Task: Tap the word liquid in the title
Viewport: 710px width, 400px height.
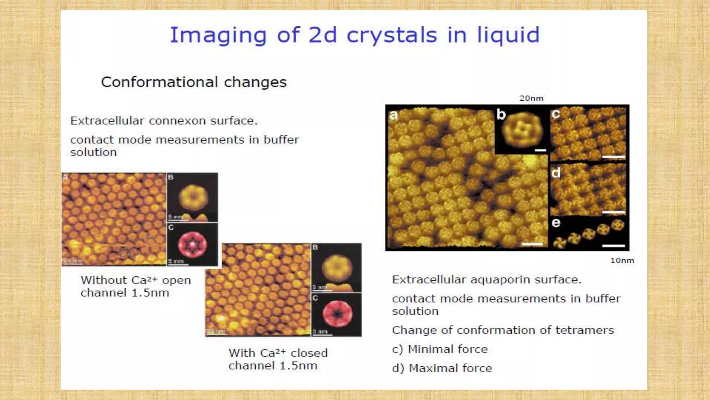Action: point(509,35)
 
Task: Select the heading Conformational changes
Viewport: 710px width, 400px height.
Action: point(194,82)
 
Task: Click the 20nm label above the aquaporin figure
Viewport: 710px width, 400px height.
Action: point(531,98)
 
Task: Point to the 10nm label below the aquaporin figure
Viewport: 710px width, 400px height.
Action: point(622,260)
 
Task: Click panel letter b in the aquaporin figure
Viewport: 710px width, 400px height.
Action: point(501,114)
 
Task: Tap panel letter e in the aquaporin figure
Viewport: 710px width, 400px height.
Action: point(556,223)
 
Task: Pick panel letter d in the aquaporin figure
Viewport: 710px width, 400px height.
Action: point(556,173)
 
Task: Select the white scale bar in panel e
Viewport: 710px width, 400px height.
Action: point(613,246)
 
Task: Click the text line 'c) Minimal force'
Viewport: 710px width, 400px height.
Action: point(440,349)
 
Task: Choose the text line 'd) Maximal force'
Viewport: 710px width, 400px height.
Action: point(442,368)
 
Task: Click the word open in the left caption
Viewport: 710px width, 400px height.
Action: point(176,281)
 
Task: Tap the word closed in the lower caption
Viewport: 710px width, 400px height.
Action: point(309,353)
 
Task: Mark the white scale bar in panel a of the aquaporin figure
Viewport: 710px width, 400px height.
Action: point(532,244)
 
